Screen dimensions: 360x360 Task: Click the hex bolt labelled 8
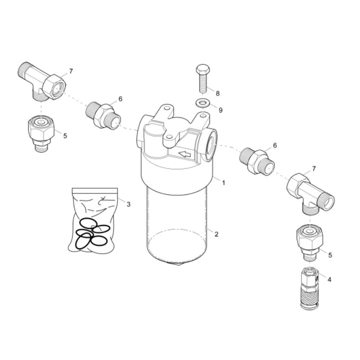(x=202, y=78)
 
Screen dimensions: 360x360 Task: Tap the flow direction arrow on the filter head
(x=185, y=154)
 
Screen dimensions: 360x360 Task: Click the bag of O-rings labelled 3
(x=93, y=220)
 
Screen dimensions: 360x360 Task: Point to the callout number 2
(x=216, y=234)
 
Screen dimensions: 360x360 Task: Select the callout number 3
(x=129, y=204)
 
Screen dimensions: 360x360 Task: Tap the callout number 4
(x=329, y=279)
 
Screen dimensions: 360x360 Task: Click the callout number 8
(x=217, y=93)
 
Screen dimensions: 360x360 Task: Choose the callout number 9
(x=220, y=110)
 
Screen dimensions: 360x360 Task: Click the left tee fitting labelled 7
(x=42, y=81)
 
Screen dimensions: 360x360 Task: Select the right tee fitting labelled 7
(x=310, y=194)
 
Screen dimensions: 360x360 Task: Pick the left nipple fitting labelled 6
(x=103, y=116)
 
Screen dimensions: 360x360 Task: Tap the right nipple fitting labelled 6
(x=257, y=162)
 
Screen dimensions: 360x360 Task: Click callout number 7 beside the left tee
(x=71, y=71)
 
